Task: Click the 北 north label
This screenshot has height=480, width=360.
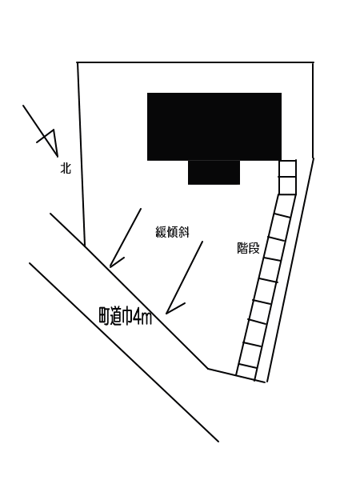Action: coord(66,168)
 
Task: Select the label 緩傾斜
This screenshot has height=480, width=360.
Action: coord(172,232)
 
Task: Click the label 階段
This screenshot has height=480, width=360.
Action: coord(248,248)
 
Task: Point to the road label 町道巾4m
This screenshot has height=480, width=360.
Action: coord(126,316)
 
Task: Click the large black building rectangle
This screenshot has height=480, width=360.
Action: coord(214,126)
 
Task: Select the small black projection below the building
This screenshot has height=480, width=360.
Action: coord(214,172)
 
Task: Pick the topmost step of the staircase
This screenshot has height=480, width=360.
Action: coord(287,168)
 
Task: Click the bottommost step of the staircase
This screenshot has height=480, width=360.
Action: coord(246,373)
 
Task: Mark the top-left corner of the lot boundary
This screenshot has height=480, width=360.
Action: coord(77,62)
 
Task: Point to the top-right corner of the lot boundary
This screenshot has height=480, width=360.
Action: coord(313,62)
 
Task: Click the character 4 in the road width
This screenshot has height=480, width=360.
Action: coord(137,317)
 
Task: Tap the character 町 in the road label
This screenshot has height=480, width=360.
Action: coord(104,316)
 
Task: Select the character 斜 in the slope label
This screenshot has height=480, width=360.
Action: coord(184,232)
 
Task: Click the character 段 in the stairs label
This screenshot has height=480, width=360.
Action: coord(254,248)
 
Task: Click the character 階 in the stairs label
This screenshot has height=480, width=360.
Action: coord(242,248)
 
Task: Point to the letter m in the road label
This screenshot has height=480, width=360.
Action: coord(147,319)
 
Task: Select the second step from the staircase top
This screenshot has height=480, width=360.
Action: coord(287,186)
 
